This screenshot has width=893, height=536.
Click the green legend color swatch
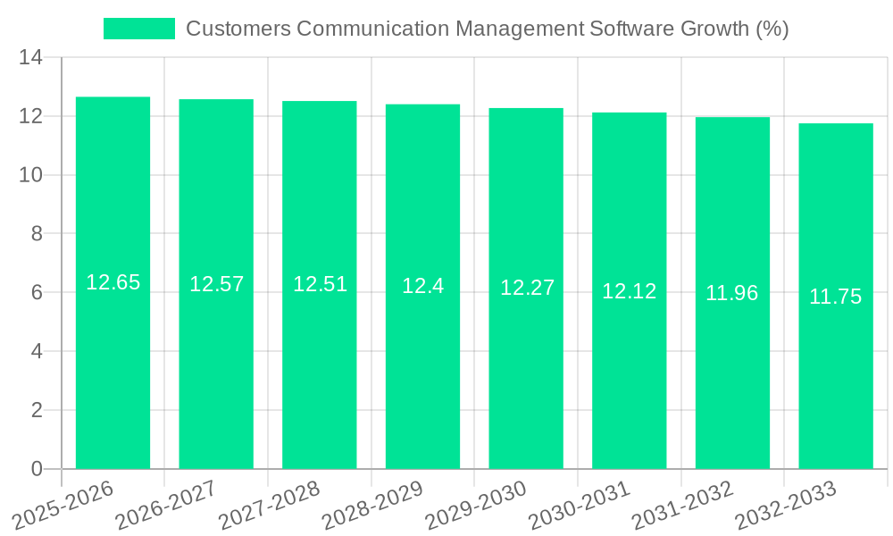coord(139,29)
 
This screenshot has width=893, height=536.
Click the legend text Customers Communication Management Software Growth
coord(487,29)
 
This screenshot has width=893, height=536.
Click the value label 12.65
coord(113,282)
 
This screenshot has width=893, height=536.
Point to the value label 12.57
coord(216,284)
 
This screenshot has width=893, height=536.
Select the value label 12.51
coord(320,284)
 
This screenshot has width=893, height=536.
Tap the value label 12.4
coord(422,286)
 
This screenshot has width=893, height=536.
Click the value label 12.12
coord(629,291)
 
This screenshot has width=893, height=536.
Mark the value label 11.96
coord(732,293)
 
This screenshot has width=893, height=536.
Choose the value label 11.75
coord(836,297)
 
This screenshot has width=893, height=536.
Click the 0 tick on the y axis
coord(37,469)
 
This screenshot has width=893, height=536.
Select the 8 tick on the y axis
coord(37,234)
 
